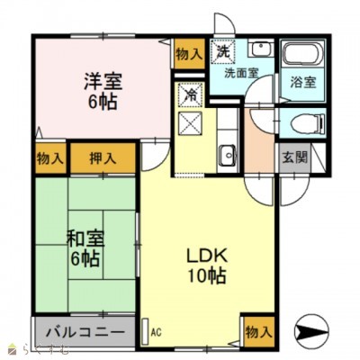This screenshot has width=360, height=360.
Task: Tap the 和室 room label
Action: coord(85,239)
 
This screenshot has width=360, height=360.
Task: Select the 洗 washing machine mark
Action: coord(222,50)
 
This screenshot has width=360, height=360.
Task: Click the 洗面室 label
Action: coord(241,73)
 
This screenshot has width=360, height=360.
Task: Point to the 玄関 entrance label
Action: coord(293,155)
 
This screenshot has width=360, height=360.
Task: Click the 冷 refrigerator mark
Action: coord(191,93)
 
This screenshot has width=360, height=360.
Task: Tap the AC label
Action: coord(156,331)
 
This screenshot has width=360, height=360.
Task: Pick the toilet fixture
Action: coord(299,123)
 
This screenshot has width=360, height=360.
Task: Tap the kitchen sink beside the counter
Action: coord(228,151)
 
